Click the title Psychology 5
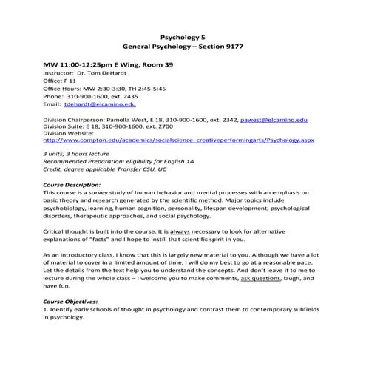(x=182, y=35)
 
